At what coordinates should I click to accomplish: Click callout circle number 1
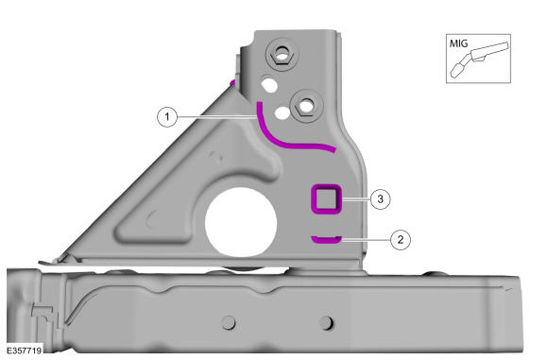[167, 117]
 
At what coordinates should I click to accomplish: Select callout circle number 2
[401, 240]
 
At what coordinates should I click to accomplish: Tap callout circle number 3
[380, 199]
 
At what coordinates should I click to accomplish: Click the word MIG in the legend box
[458, 43]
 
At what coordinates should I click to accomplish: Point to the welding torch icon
[480, 59]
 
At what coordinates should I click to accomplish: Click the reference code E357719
[25, 351]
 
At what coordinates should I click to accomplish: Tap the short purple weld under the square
[326, 240]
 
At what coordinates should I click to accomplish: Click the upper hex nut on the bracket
[282, 54]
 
